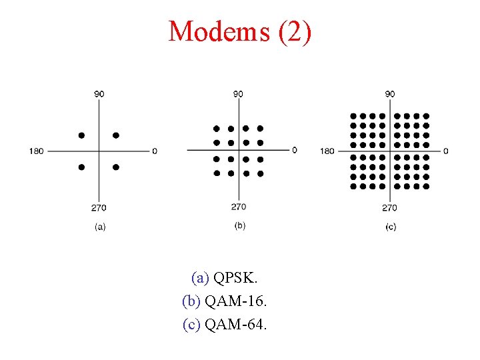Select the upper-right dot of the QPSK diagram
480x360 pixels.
tap(116, 135)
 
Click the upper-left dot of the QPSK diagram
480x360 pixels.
tap(81, 135)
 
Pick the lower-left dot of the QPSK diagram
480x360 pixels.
tap(81, 167)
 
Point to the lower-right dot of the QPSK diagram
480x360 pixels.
tap(116, 167)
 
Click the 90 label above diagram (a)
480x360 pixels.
tap(99, 94)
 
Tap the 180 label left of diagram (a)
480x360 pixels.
tap(36, 151)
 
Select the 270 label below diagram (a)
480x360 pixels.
tap(99, 208)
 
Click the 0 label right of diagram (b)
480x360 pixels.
tap(295, 150)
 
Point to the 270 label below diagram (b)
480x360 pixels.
tap(239, 207)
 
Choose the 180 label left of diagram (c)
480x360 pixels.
tap(327, 151)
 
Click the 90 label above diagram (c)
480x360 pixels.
tap(390, 94)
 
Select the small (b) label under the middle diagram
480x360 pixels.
tap(240, 225)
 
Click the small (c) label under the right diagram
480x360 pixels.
tap(391, 227)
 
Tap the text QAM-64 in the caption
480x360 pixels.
tap(235, 325)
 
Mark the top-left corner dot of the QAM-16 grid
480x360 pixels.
tap(216, 128)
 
